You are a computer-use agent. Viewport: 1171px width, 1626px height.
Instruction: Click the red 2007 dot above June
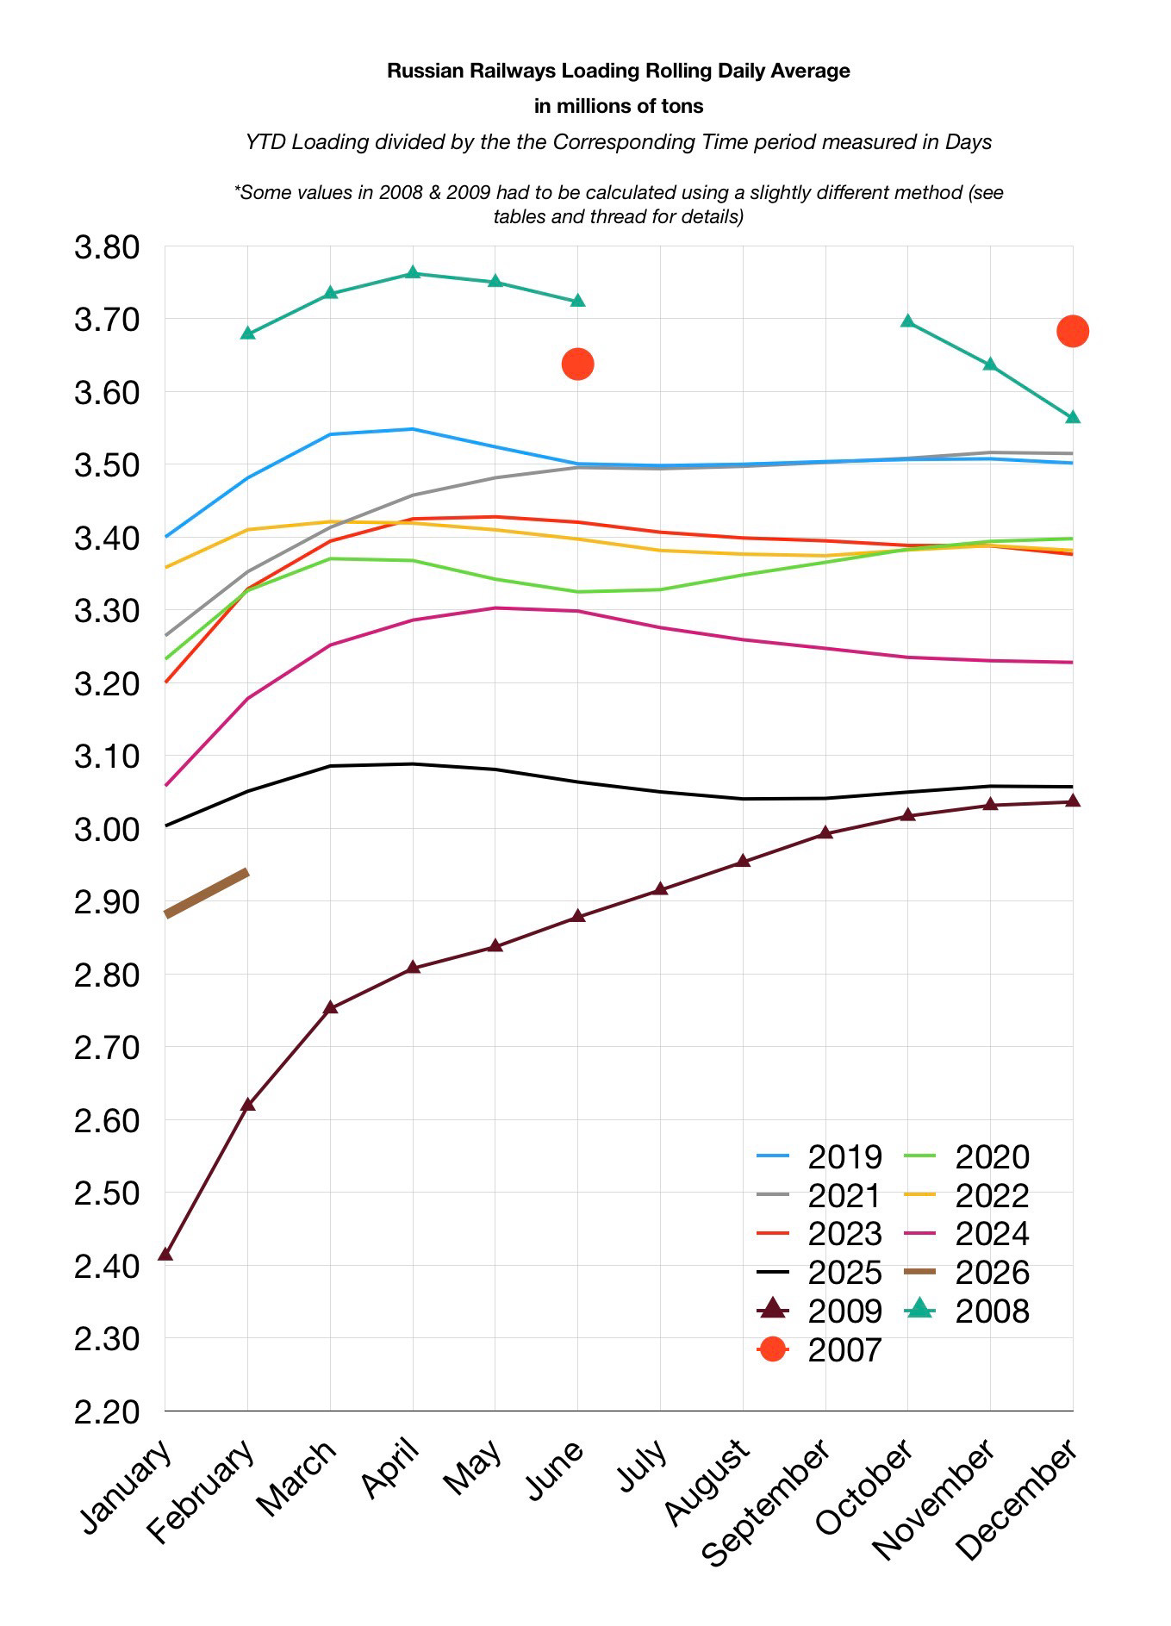577,364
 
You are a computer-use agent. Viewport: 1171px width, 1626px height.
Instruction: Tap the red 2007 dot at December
1073,331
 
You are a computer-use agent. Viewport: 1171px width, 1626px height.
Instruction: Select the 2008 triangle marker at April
413,273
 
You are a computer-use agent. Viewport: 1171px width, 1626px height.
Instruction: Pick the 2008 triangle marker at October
907,321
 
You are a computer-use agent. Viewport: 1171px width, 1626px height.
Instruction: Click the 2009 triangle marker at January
165,1254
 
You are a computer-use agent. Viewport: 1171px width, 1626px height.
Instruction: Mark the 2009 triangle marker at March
331,1007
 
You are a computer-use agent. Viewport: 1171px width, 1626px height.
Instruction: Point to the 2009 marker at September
825,832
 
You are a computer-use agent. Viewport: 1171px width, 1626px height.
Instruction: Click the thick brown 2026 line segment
207,893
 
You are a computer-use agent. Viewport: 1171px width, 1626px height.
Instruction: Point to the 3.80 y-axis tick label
107,247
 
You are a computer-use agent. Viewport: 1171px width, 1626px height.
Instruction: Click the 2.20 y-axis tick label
107,1411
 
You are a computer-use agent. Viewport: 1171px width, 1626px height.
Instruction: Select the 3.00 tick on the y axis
107,829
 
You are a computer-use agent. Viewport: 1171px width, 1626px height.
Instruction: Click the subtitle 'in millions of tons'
619,106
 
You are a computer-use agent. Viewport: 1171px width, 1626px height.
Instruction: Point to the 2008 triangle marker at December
1073,418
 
